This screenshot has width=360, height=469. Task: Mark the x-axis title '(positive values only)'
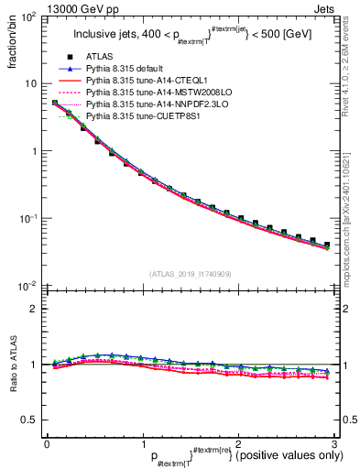pyautogui.click(x=289, y=455)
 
